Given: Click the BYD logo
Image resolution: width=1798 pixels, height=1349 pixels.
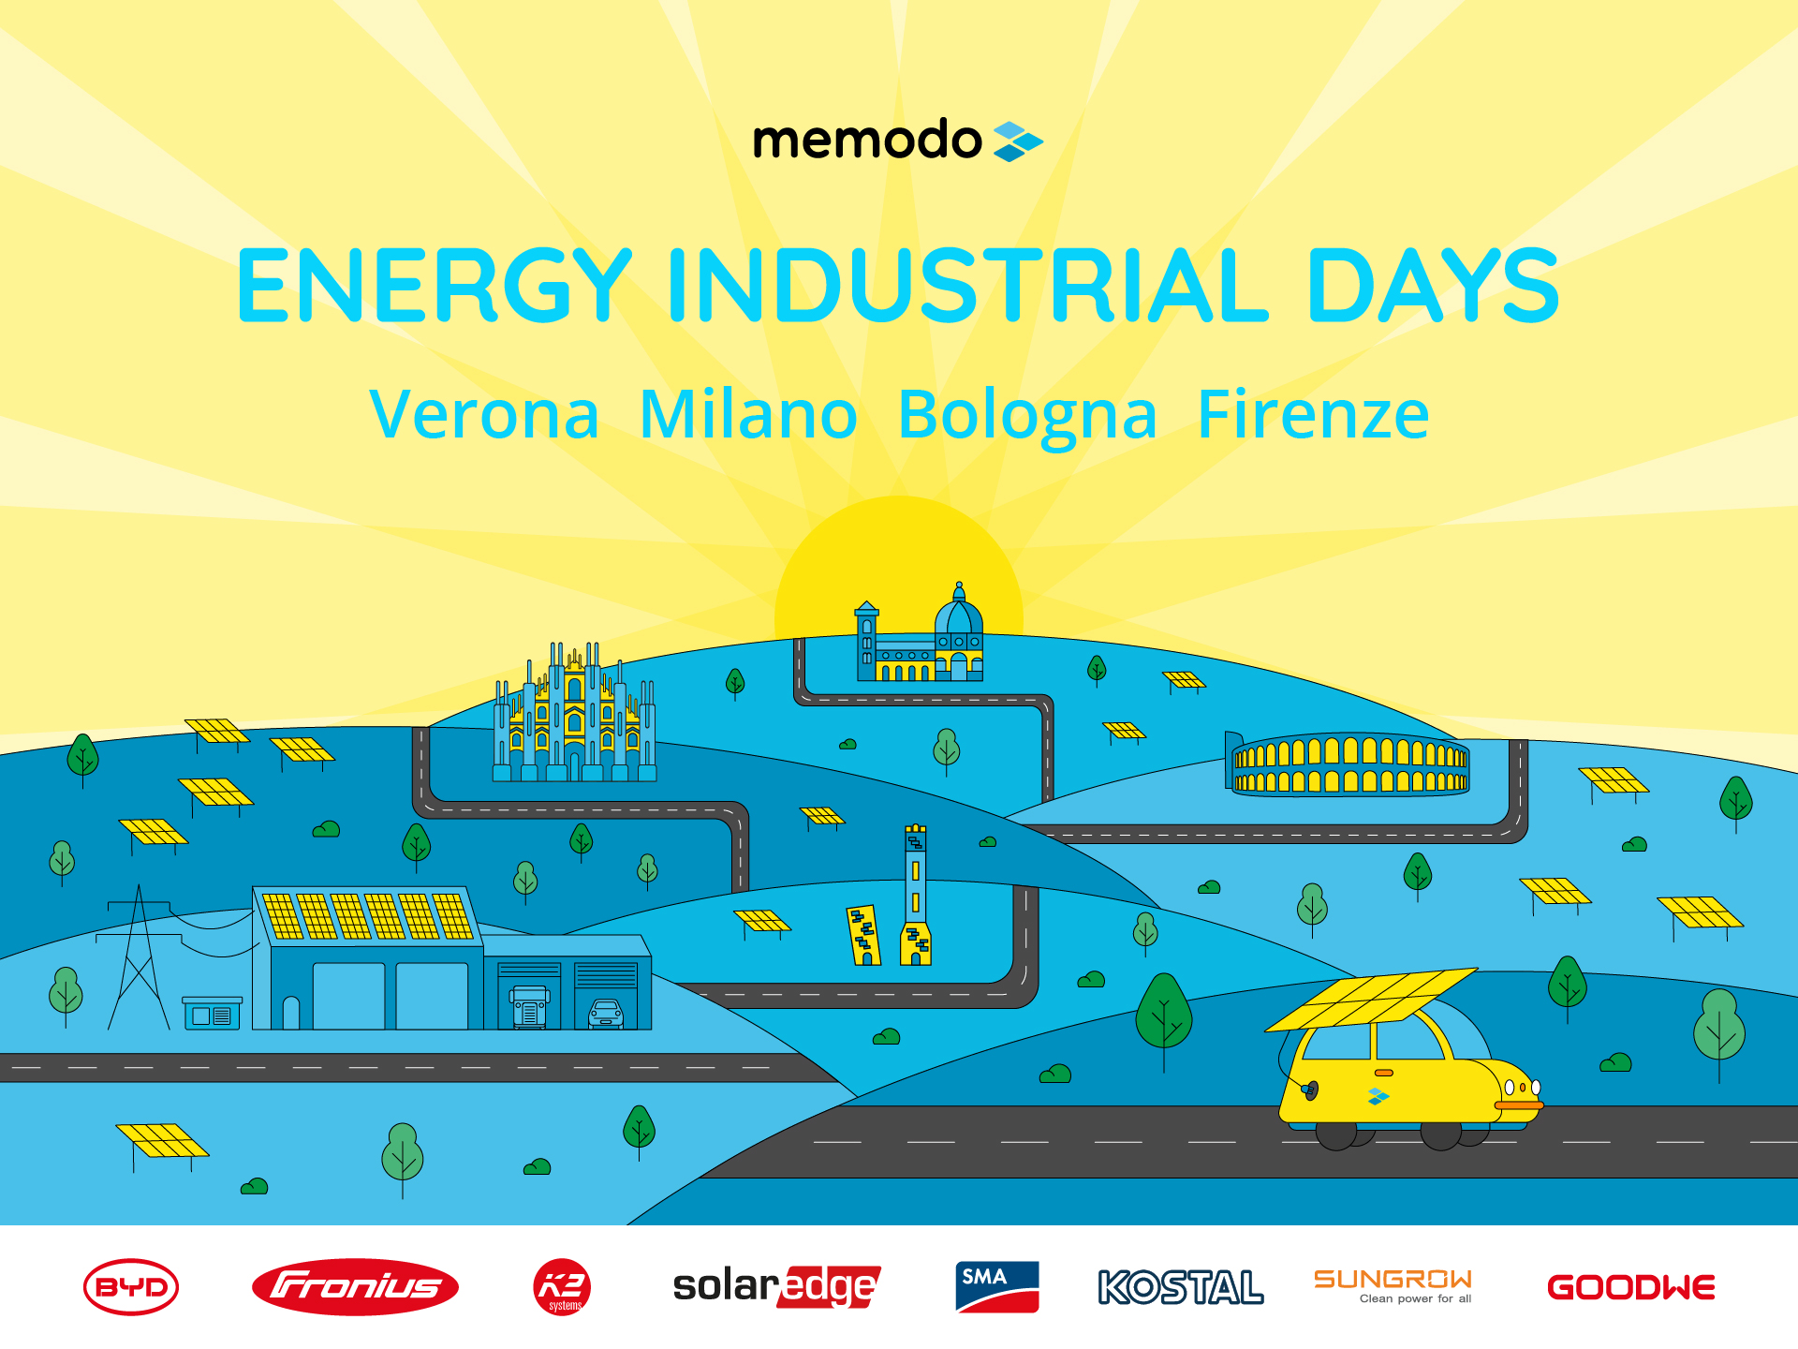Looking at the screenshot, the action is (x=131, y=1286).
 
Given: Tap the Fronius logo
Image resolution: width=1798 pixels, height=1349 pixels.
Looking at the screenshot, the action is (x=355, y=1286).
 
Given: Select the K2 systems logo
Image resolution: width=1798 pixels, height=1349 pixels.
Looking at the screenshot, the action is (x=562, y=1286).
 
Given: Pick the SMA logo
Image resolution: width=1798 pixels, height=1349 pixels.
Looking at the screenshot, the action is (x=997, y=1286).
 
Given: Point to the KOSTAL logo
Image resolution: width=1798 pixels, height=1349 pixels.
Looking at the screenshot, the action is (x=1181, y=1287).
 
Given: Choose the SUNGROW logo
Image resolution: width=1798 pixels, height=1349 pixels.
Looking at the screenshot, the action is (x=1393, y=1285).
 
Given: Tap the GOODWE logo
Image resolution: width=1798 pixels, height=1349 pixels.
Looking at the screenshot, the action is (x=1631, y=1287).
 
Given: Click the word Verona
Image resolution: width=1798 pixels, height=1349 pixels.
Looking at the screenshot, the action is (x=484, y=414).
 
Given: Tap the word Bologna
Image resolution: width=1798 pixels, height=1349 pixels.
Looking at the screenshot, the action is (x=1027, y=416).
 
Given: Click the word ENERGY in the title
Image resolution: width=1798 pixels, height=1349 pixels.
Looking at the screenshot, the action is (x=435, y=285).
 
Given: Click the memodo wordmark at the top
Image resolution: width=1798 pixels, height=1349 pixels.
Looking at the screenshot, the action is (x=867, y=141).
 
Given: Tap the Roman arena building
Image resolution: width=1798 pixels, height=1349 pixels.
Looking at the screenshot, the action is (x=1348, y=763).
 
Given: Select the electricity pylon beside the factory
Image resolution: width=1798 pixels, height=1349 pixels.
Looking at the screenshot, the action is (x=139, y=957).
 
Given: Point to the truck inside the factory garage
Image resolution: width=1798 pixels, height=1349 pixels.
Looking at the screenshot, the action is (x=529, y=1006).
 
